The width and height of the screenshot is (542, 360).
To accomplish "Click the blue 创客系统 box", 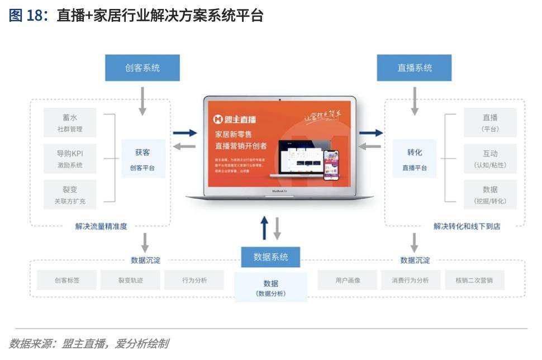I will click(x=142, y=68).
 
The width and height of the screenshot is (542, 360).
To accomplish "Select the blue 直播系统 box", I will click(x=414, y=68).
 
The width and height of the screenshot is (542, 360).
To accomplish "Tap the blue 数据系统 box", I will click(x=270, y=257).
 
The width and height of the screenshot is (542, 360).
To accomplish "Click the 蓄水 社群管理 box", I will click(x=70, y=122).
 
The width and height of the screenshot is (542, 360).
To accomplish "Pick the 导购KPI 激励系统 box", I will click(x=70, y=158).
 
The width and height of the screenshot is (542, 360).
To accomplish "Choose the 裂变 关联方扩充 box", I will click(x=70, y=194).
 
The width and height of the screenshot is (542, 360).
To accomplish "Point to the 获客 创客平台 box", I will click(x=143, y=159).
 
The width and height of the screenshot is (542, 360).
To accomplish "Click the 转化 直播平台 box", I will click(x=415, y=159).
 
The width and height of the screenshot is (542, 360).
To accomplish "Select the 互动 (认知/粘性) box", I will click(x=489, y=158).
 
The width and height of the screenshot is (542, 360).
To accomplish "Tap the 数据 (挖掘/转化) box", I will click(x=489, y=194).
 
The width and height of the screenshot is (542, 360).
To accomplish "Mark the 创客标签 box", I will click(x=66, y=280).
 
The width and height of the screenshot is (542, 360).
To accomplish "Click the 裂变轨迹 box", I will click(x=130, y=280).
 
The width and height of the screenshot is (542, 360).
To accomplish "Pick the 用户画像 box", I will click(x=348, y=280).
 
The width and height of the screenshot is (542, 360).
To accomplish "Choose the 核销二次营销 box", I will click(x=474, y=280).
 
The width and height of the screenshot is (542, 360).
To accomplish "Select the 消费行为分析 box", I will click(x=411, y=280).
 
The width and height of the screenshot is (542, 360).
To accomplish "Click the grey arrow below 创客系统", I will click(x=142, y=101).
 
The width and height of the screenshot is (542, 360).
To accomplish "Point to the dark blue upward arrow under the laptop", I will click(x=265, y=228).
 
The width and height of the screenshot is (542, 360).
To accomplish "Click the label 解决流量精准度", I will click(x=101, y=226).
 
